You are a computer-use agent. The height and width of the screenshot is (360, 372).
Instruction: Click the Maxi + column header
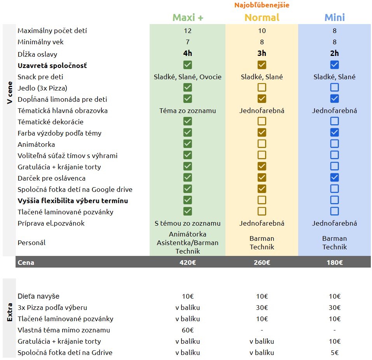coord(188,17)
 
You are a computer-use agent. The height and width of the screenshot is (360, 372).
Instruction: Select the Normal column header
coord(262,17)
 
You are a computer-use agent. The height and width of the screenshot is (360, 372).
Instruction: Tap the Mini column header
coord(335,17)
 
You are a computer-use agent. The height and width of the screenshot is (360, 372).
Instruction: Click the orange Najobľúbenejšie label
coord(262,5)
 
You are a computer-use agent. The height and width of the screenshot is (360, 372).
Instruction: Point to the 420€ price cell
coord(188,263)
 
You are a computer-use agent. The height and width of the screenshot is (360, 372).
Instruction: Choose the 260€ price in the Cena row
coord(262,263)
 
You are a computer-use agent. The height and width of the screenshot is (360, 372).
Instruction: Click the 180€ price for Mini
coord(335,263)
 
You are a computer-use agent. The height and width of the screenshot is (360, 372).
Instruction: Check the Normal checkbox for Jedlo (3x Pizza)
coord(262,87)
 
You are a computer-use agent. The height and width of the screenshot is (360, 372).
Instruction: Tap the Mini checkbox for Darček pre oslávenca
coord(335,177)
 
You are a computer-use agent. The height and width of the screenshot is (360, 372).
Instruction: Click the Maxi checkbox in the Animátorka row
coord(188,144)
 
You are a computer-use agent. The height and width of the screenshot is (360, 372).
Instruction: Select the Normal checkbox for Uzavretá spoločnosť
coord(262,65)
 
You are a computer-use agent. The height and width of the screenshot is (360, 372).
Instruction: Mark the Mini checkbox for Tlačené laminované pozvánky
coord(335,211)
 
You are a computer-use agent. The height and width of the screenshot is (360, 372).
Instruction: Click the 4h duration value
coord(188,53)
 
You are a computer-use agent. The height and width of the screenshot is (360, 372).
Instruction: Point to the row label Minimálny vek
coord(40,42)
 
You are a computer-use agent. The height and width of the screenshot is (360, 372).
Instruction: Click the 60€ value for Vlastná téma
coord(188,330)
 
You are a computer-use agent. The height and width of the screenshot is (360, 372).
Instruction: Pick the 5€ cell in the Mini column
coord(335,353)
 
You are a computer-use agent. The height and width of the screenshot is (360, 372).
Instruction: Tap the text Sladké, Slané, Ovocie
coord(188,77)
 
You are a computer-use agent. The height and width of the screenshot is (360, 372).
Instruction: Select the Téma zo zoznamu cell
coord(188,111)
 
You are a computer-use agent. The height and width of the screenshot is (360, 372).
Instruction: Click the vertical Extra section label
coord(9,312)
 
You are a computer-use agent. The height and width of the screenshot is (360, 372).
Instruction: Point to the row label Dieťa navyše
coord(38,296)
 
